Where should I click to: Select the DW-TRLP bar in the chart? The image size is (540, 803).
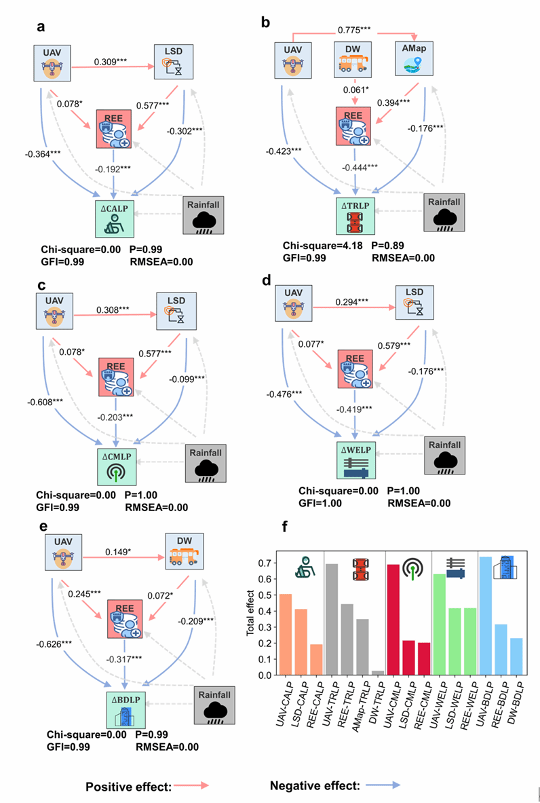[378, 673]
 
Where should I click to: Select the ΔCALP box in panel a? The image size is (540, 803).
[117, 212]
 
